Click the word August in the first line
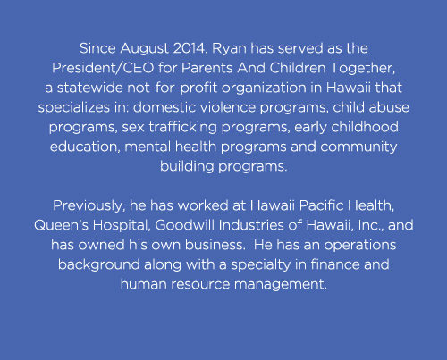coord(145,49)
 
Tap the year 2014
coord(190,48)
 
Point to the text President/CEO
coord(103,68)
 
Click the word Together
coord(363,69)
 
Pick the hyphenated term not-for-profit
coord(173,88)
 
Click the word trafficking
coord(182,128)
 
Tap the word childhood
coord(365,127)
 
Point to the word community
coord(358,147)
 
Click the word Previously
coord(89,206)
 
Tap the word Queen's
coord(61,225)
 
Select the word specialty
coord(261,265)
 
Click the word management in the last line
coord(281,285)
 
